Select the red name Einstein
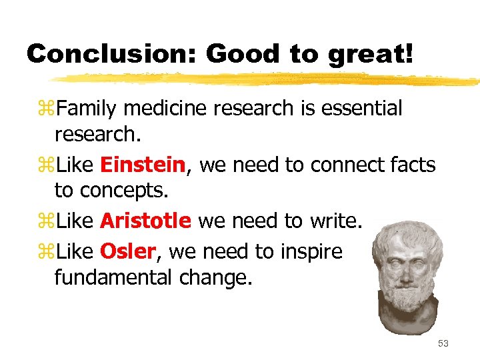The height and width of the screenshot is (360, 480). point(142,165)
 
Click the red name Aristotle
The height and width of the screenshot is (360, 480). point(145,221)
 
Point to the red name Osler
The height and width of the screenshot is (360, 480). point(128,251)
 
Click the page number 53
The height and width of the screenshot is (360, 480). point(443,343)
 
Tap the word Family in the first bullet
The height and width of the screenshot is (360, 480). point(87,108)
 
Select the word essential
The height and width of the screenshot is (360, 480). point(361,108)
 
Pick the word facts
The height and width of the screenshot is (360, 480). point(411,165)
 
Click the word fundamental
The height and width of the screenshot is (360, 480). point(114,277)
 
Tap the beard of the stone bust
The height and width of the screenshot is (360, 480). point(407,294)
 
